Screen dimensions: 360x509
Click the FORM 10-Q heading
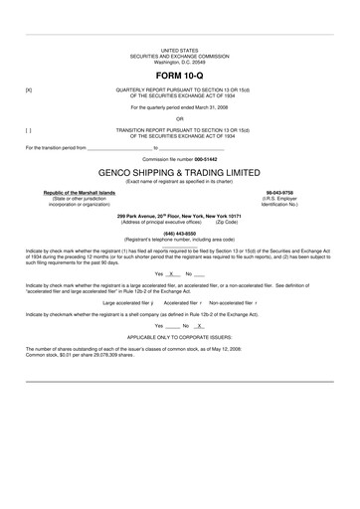point(179,75)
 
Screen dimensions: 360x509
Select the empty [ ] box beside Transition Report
point(28,128)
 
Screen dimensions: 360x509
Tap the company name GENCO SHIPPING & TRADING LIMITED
point(179,171)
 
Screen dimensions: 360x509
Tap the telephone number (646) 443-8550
point(179,233)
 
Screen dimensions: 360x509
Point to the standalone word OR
point(179,117)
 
